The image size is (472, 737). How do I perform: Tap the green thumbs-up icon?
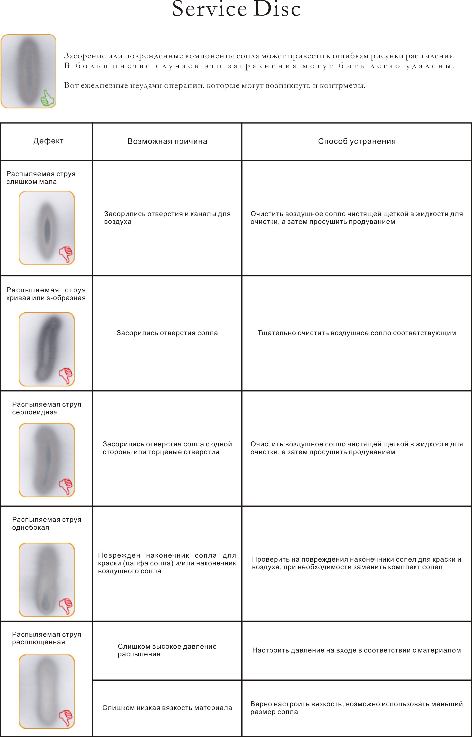(48, 98)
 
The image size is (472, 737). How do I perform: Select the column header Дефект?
(48, 141)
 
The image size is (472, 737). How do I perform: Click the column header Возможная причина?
(167, 141)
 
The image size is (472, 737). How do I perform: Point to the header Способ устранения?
(356, 141)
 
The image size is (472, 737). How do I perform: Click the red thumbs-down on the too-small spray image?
(66, 254)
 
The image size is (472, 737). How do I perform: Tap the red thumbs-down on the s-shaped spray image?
(66, 375)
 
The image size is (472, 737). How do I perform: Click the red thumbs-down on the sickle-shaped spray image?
(66, 486)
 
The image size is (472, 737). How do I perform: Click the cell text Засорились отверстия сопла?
(167, 333)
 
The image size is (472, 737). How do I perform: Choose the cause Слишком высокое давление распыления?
(167, 650)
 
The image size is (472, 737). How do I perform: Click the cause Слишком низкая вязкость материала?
(167, 708)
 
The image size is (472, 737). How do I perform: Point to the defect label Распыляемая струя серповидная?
(47, 408)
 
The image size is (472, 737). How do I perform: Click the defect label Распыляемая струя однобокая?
(47, 524)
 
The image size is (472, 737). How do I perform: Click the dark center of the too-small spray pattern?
(47, 231)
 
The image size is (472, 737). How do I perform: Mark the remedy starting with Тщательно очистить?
(356, 333)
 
